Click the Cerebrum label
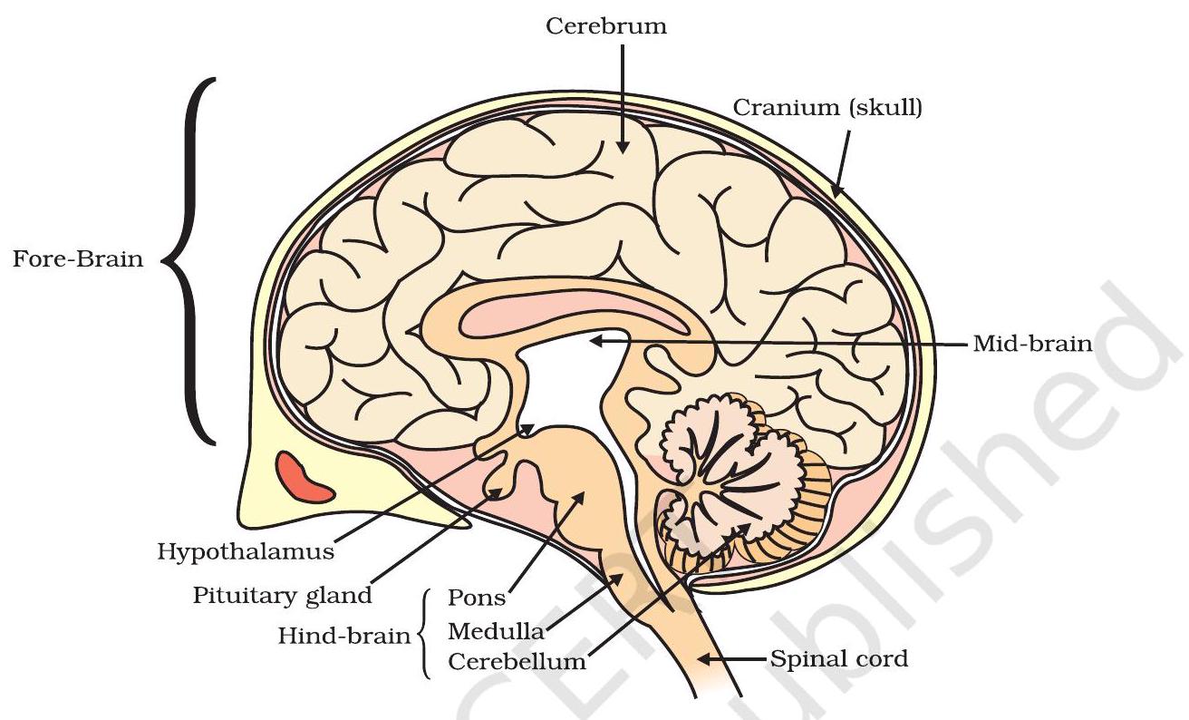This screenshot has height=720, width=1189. click(606, 26)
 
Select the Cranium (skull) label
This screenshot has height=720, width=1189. click(826, 108)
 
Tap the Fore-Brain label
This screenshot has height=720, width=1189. click(78, 259)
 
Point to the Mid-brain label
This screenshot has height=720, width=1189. click(1032, 345)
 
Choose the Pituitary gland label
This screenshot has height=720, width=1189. click(282, 596)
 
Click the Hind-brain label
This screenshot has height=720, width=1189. click(343, 635)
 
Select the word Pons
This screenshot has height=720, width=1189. click(478, 599)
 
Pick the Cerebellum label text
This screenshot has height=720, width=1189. click(517, 661)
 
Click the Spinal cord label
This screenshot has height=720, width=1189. click(838, 659)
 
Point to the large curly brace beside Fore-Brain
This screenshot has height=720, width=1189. click(189, 260)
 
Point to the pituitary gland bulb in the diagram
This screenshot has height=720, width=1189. click(498, 491)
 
